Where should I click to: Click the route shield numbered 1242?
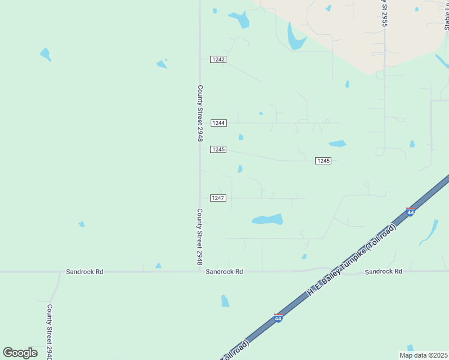(218, 59)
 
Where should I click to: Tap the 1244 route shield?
(218, 123)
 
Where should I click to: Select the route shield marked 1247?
(218, 198)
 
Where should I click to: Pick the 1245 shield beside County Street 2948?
(218, 149)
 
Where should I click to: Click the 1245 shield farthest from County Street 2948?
(324, 161)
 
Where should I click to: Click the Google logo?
(20, 353)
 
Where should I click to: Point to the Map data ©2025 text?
(423, 355)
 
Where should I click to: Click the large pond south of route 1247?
(268, 220)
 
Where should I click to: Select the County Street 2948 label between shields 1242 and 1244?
(200, 113)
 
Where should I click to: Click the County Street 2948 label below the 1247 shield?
(200, 237)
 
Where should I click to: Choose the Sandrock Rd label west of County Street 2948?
(85, 272)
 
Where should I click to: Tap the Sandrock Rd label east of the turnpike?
(383, 272)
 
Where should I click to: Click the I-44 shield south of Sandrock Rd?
(278, 318)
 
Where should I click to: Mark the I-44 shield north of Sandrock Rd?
(411, 212)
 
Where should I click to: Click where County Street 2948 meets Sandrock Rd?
(200, 272)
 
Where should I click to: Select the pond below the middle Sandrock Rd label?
(225, 301)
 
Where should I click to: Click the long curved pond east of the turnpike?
(430, 232)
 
